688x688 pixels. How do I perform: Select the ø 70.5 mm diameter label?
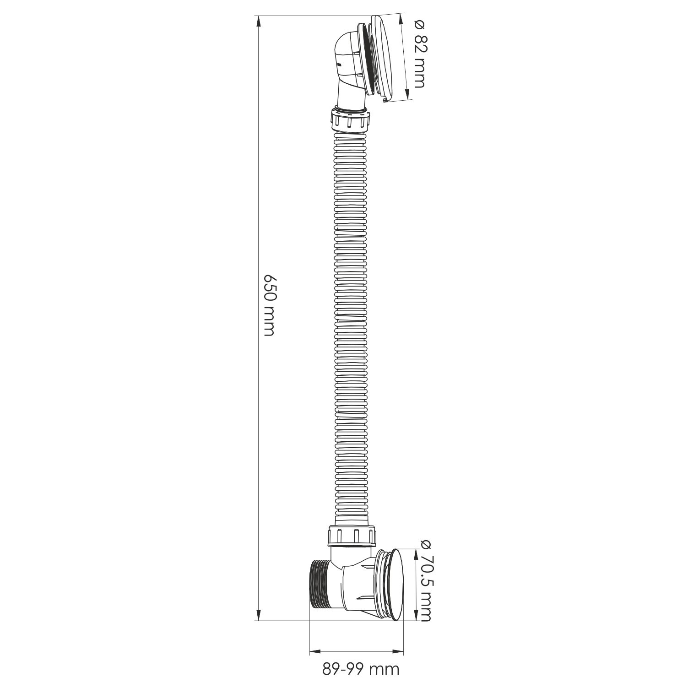point(425,580)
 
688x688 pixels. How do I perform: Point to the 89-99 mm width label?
point(361,669)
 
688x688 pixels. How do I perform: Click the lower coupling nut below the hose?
point(352,535)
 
